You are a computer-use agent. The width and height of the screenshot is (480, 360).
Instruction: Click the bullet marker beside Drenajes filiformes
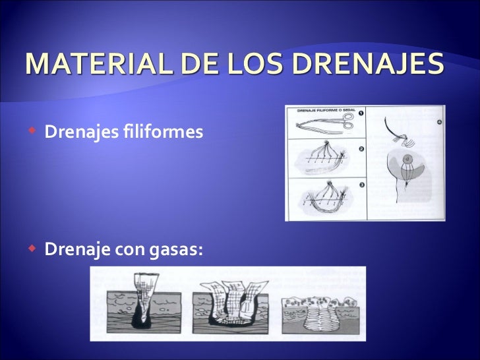32,132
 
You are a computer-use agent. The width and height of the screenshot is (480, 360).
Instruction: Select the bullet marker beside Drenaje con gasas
32,250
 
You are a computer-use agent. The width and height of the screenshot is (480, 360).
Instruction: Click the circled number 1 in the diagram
361,111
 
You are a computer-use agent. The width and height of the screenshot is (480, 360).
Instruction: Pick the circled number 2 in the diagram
361,148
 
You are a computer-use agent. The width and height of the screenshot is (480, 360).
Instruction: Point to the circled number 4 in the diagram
438,122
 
